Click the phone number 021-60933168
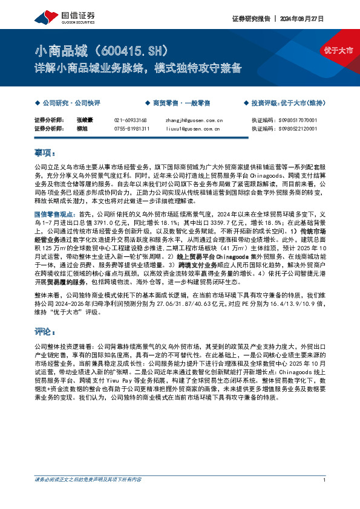tap(131, 120)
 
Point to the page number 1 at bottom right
tap(326, 496)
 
